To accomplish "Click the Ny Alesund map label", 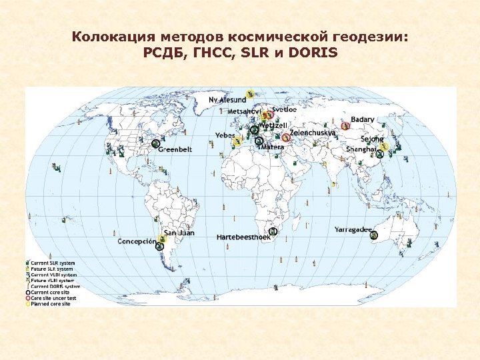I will point(227,99).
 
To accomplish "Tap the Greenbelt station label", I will point(175,150).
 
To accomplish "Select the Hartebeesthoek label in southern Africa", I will point(243,237).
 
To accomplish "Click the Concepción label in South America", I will point(137,241).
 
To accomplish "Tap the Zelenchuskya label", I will point(313,133).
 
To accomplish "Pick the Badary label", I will point(363,119).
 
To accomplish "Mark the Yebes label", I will point(225,135).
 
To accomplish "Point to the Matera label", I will point(272,147).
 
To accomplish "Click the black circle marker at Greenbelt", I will point(156,143).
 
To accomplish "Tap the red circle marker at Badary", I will point(345,125).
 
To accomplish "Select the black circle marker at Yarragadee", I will point(375,235).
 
